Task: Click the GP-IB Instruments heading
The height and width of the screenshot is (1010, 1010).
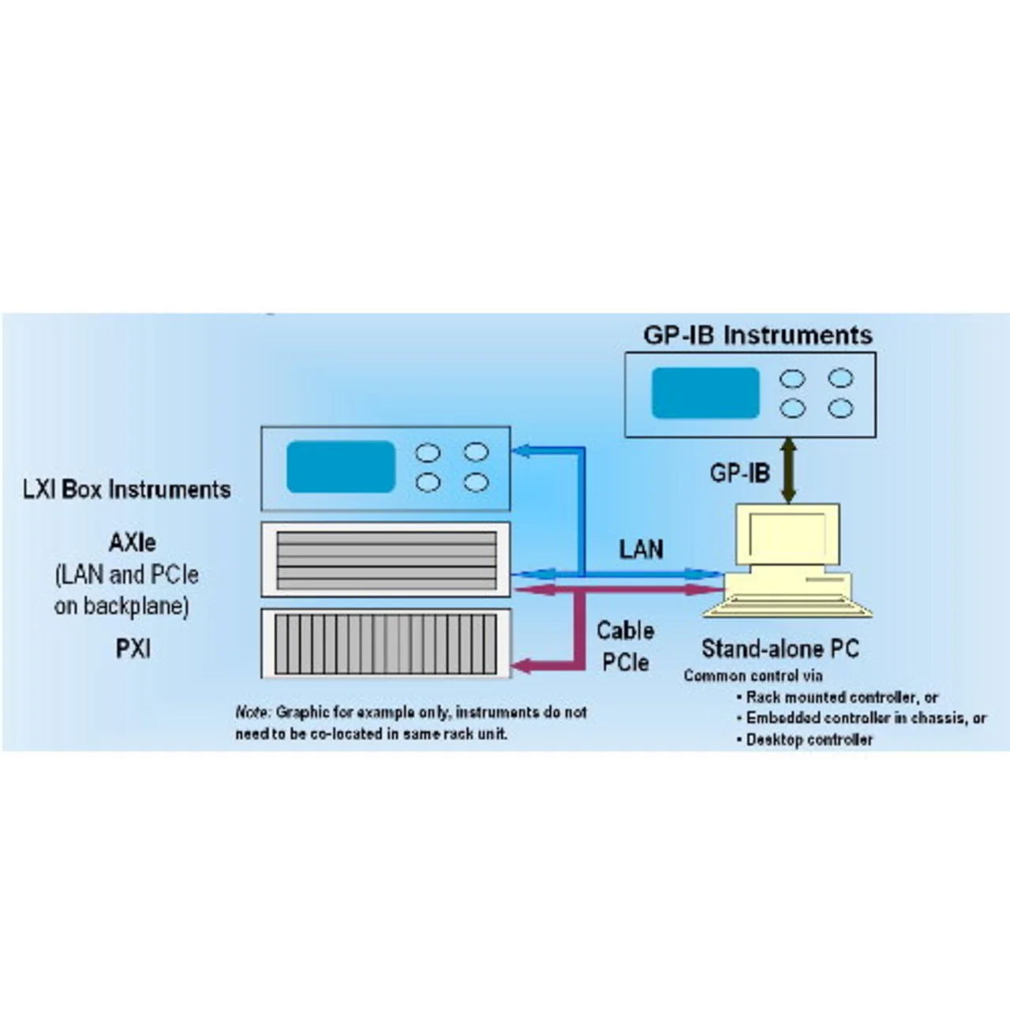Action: point(757,335)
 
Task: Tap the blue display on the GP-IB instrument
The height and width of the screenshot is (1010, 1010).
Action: point(705,393)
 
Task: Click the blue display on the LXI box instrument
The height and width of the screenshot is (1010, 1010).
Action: point(340,466)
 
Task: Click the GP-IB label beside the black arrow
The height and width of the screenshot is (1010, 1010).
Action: point(739,473)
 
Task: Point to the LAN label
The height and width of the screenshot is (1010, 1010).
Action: point(641,548)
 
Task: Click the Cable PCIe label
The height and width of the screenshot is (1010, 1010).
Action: point(625,646)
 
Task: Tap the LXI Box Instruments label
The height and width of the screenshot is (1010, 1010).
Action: point(126,489)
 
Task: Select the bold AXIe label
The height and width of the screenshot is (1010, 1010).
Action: point(132,543)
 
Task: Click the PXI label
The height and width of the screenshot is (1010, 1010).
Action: point(133,649)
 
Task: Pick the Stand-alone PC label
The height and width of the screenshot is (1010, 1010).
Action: point(780,649)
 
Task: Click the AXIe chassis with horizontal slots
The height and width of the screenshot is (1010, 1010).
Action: point(386,559)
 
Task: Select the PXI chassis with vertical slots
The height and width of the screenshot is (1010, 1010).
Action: point(386,644)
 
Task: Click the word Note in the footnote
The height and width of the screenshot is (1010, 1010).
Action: point(252,713)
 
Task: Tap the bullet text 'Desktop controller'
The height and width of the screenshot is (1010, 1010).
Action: point(810,740)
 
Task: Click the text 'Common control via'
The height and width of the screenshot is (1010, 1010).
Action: point(753,675)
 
